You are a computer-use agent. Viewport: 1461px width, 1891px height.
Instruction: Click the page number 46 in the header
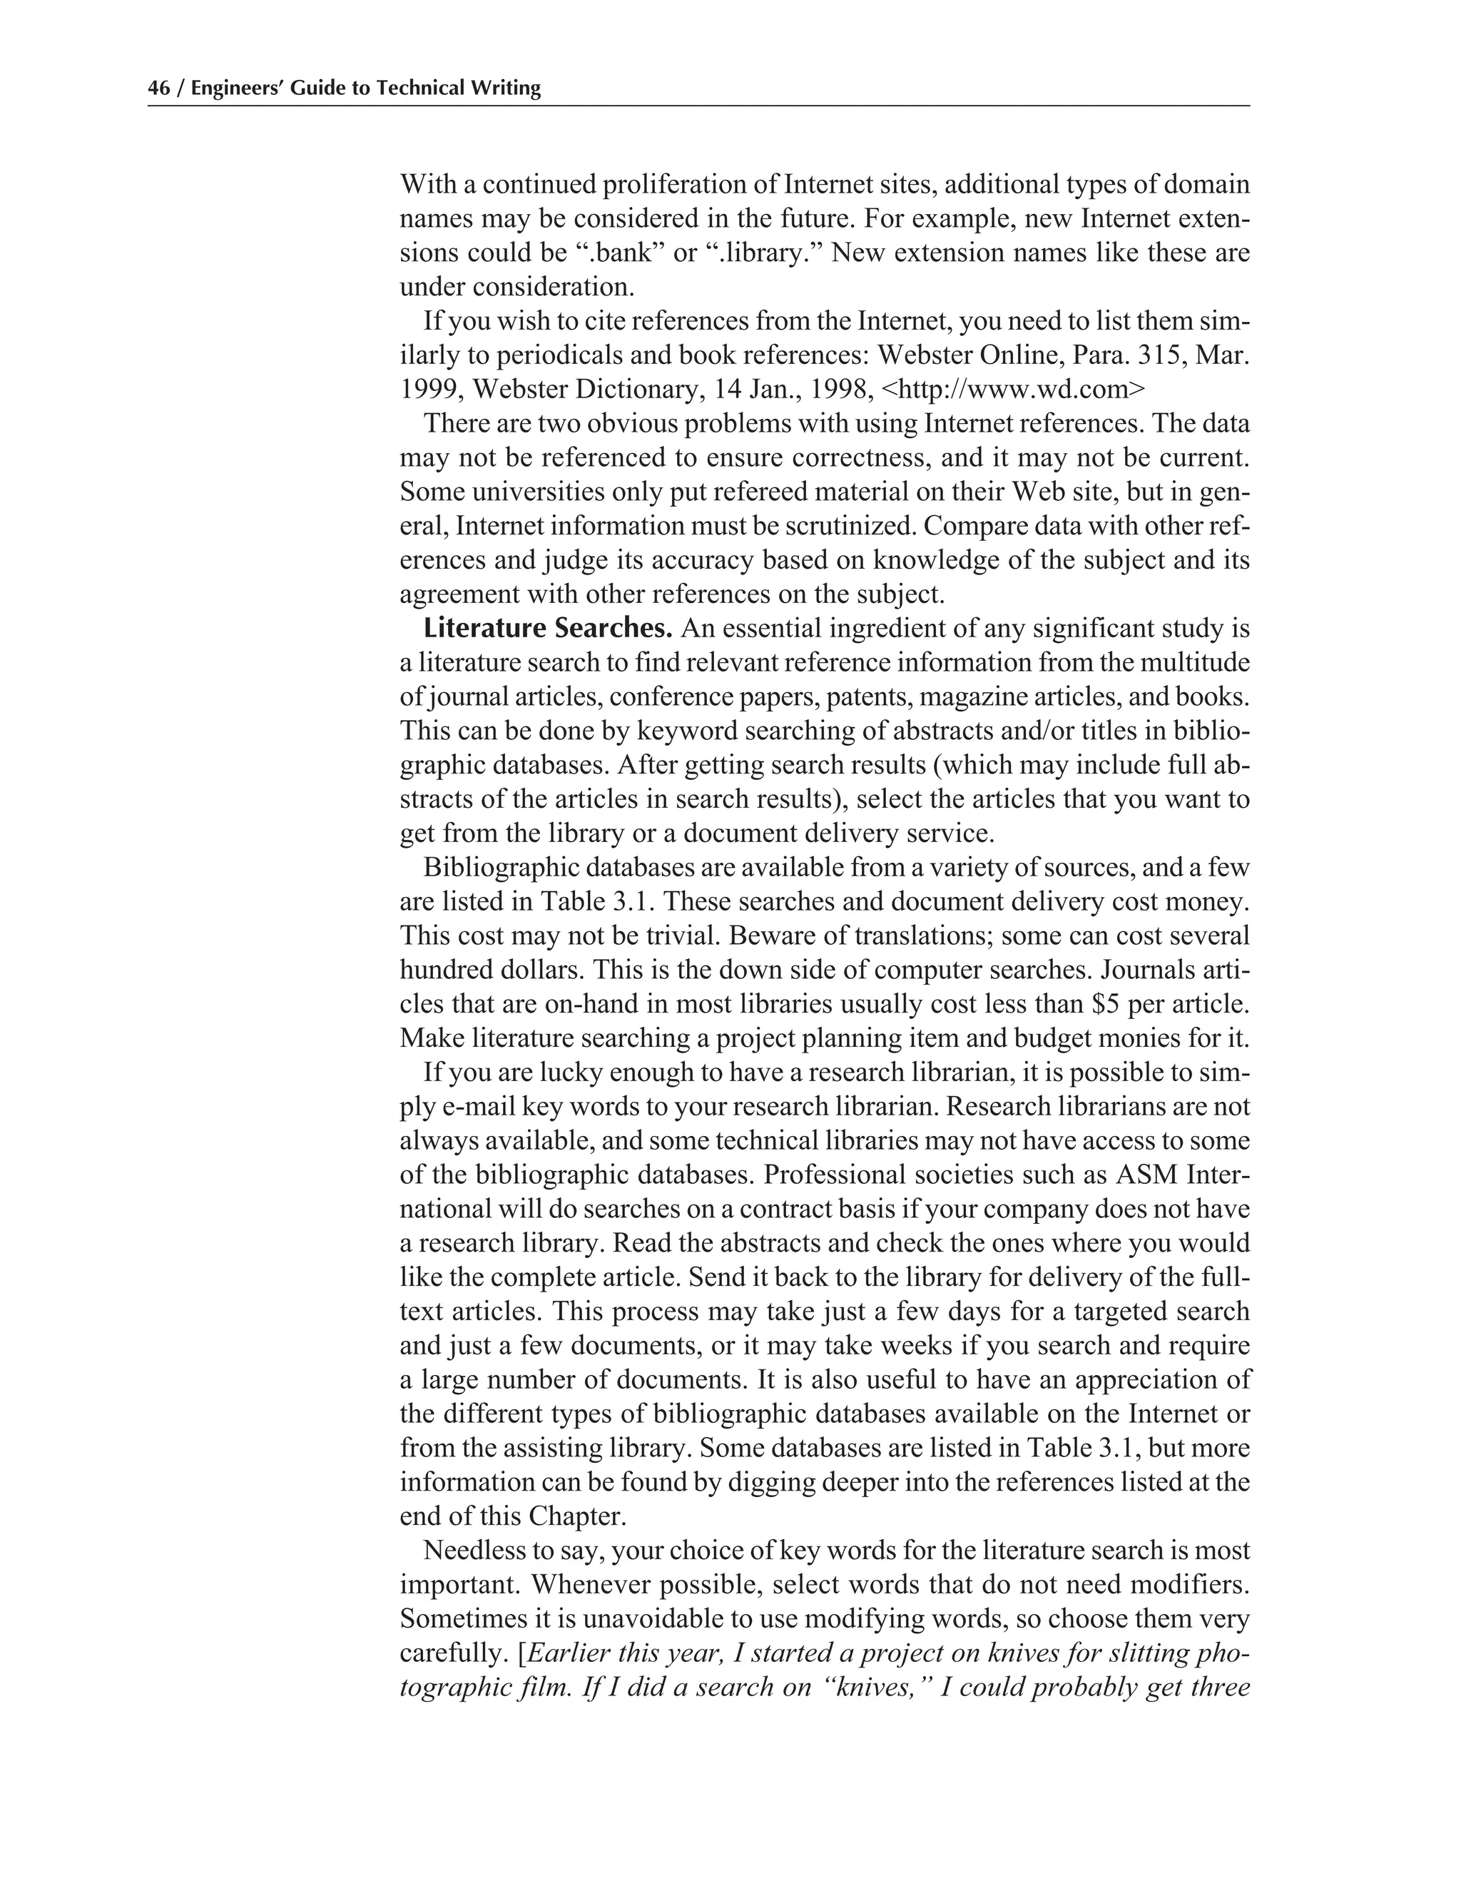coord(158,88)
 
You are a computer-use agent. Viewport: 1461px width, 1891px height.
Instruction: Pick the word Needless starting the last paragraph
coord(471,1551)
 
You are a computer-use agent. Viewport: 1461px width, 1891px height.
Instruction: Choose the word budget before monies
coord(1020,1038)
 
